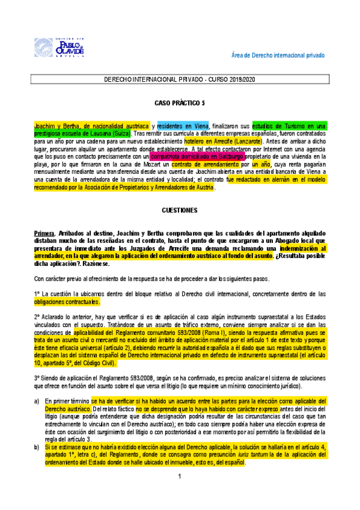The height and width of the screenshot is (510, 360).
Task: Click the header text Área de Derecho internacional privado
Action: (278, 55)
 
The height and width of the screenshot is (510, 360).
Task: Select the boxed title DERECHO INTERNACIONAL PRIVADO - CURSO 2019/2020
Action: (179, 79)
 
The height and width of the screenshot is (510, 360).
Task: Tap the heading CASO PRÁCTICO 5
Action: (179, 103)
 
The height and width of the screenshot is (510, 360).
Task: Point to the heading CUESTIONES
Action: (179, 211)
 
